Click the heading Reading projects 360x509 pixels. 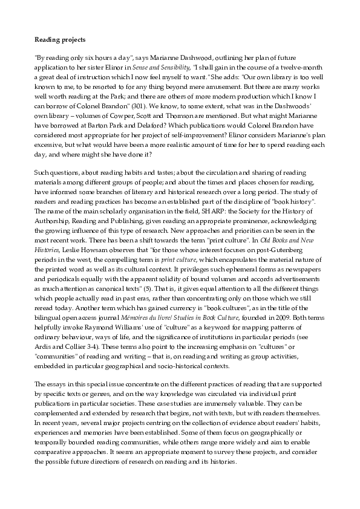pyautogui.click(x=60, y=40)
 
